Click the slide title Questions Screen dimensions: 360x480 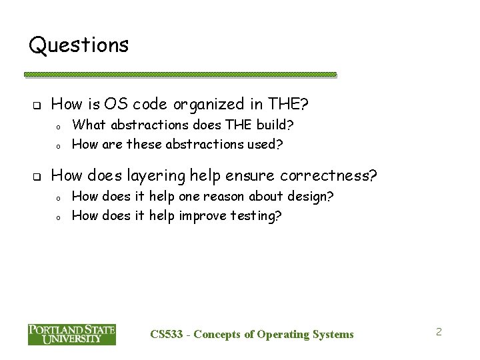(x=79, y=45)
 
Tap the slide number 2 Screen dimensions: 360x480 (x=439, y=331)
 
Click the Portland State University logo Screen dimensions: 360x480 (x=72, y=335)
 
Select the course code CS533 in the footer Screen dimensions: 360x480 (x=166, y=334)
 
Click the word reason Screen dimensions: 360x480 (x=233, y=197)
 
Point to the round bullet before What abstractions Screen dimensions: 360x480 (x=59, y=126)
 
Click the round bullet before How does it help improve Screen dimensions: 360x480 (x=59, y=217)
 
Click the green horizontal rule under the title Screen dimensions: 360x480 (x=180, y=75)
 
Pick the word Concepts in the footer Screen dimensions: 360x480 (x=218, y=334)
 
